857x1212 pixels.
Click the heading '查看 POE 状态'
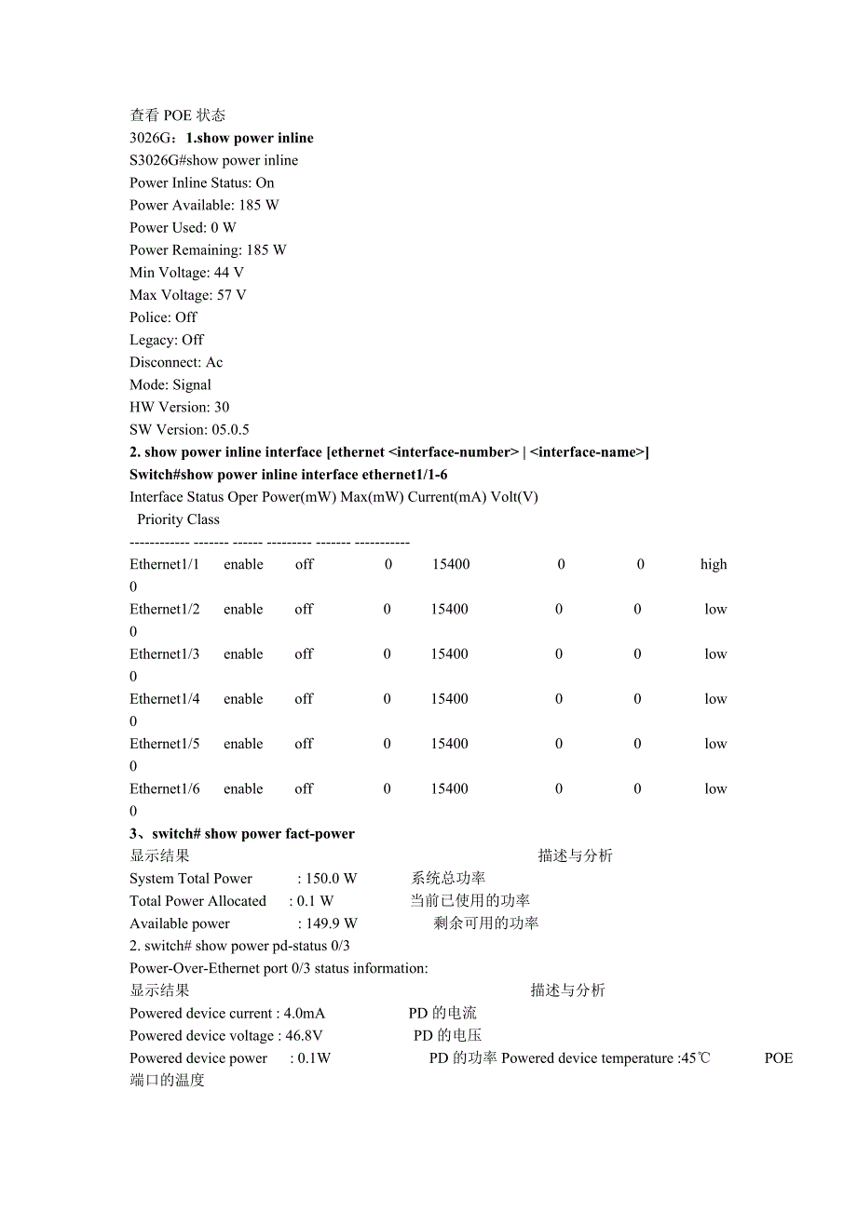(177, 115)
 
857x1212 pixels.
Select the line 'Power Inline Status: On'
(201, 183)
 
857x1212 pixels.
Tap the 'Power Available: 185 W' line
(204, 206)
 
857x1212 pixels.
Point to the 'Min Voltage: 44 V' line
(186, 273)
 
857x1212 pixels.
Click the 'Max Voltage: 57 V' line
(187, 295)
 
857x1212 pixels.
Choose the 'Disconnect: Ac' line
(176, 362)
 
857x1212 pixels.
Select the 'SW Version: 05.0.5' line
(189, 430)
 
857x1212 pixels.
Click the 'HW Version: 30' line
(179, 408)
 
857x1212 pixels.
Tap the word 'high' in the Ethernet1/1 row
(714, 564)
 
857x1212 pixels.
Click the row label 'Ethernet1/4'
(164, 699)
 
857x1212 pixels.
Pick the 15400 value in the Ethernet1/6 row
(449, 788)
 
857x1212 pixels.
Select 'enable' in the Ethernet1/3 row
(243, 654)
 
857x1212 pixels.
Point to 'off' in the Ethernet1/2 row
(304, 610)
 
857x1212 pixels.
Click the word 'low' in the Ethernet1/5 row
(715, 744)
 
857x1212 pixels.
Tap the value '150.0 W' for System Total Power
(331, 879)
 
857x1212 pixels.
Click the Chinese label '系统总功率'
(448, 879)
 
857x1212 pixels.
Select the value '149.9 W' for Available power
(331, 923)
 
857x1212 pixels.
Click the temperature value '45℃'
(695, 1058)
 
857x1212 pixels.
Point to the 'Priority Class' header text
(178, 519)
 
